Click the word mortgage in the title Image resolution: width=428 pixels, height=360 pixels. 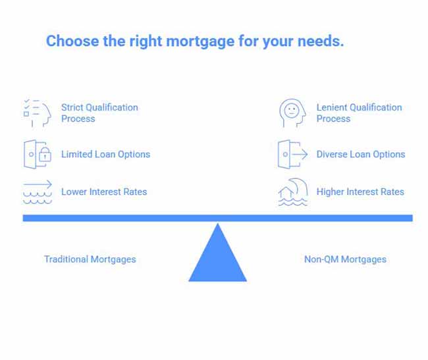click(201, 41)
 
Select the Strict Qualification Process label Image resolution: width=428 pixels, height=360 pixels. click(99, 113)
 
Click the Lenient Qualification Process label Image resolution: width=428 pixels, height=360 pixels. click(359, 113)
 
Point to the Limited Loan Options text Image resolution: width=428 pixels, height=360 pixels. click(105, 155)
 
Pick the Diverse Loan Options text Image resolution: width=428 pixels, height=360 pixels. click(360, 155)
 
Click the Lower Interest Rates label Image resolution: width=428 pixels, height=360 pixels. click(104, 192)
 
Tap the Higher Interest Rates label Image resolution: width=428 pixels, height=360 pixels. click(360, 192)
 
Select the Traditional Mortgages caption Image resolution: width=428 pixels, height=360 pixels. click(90, 259)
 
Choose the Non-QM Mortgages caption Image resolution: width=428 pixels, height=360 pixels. click(345, 259)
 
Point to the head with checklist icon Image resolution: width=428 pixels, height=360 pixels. click(37, 113)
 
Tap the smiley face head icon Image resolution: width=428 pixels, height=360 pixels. click(292, 113)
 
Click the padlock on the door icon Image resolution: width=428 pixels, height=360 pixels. click(45, 157)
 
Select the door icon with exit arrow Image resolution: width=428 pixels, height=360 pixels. click(292, 155)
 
